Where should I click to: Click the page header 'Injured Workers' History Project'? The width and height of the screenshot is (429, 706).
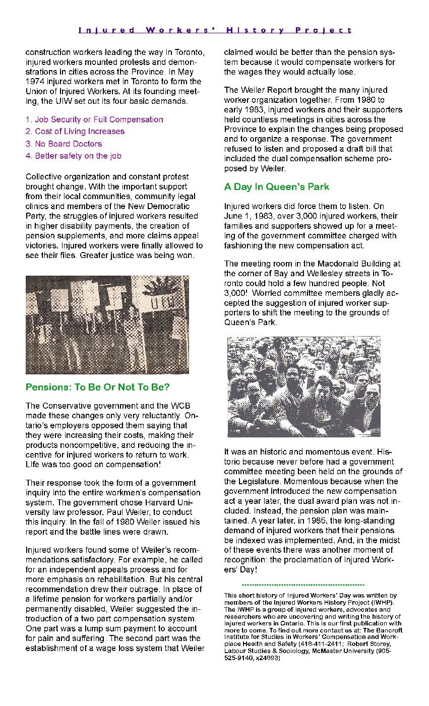[215, 30]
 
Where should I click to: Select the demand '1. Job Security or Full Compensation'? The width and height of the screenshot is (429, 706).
[94, 119]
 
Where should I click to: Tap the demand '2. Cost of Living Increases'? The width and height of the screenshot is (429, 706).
[75, 131]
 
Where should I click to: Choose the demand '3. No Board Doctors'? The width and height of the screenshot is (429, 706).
[64, 144]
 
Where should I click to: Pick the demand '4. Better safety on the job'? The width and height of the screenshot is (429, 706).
[74, 156]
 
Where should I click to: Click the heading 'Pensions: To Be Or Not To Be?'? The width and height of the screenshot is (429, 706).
[98, 387]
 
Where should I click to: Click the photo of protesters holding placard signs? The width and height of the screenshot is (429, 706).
[107, 325]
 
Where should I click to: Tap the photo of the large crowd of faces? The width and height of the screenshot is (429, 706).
[304, 387]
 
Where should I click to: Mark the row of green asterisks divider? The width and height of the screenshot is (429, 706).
[303, 586]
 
